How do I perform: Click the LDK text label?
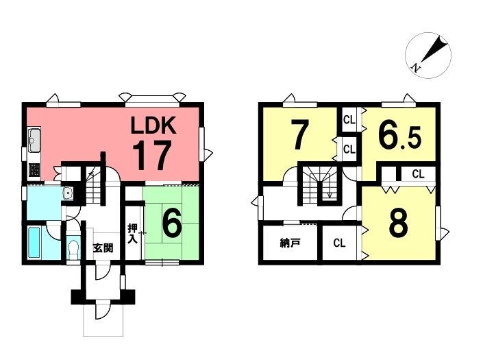point(153,125)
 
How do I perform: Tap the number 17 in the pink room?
point(152,155)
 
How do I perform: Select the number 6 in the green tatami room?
point(171,224)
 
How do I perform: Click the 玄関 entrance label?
point(103,248)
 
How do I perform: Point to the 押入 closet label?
point(133,234)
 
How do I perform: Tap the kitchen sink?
point(34,141)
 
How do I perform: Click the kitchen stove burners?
point(34,170)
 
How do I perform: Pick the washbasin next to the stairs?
point(68,193)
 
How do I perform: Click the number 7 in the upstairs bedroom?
point(299,134)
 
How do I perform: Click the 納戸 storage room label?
point(290,243)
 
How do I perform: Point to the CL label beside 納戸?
point(339,243)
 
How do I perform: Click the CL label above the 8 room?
point(418,174)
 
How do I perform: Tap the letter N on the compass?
point(417,67)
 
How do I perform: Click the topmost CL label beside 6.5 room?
point(349,119)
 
